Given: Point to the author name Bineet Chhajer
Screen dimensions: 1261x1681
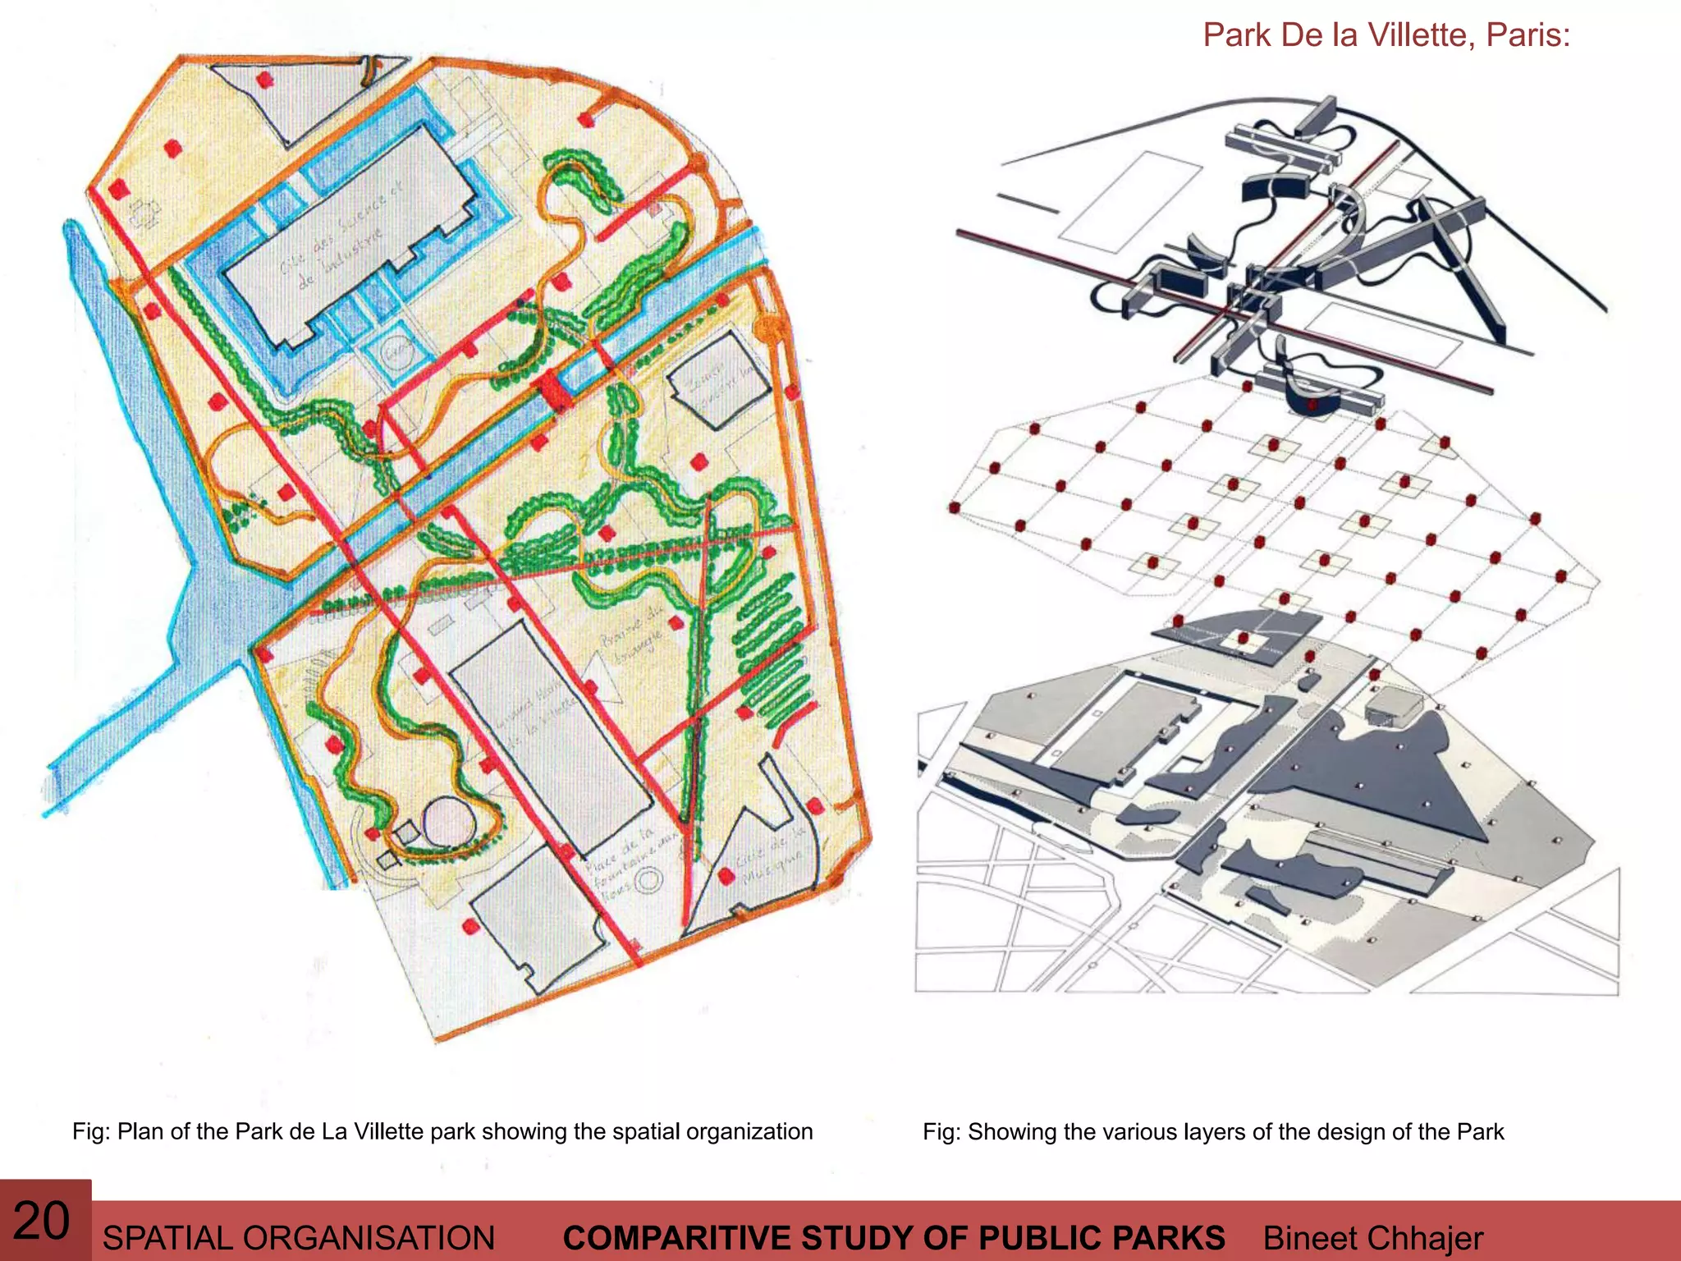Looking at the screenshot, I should click(x=1372, y=1238).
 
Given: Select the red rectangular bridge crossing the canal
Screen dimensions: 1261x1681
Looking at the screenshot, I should click(x=555, y=391).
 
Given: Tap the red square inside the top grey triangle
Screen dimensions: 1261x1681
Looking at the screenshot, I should click(x=264, y=80).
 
